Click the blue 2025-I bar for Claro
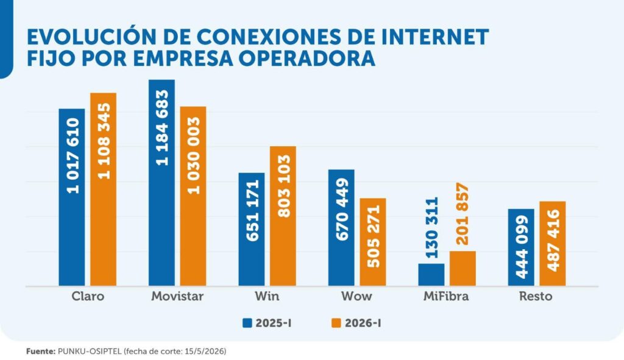coord(72,197)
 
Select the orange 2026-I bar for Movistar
coord(193,196)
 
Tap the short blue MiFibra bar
coord(431,275)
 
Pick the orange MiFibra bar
coord(463,269)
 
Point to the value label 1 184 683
coord(162,128)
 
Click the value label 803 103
coord(283,186)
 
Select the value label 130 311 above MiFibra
coord(432,228)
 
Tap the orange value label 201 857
coord(463,214)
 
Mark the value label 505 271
coord(374,236)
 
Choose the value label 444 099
coord(522,247)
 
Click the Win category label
coord(267,297)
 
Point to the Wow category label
coord(356,297)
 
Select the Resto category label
coord(536,297)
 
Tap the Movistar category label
coord(177,297)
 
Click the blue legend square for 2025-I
coord(247,323)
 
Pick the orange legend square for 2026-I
coord(336,323)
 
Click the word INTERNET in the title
coord(435,37)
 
